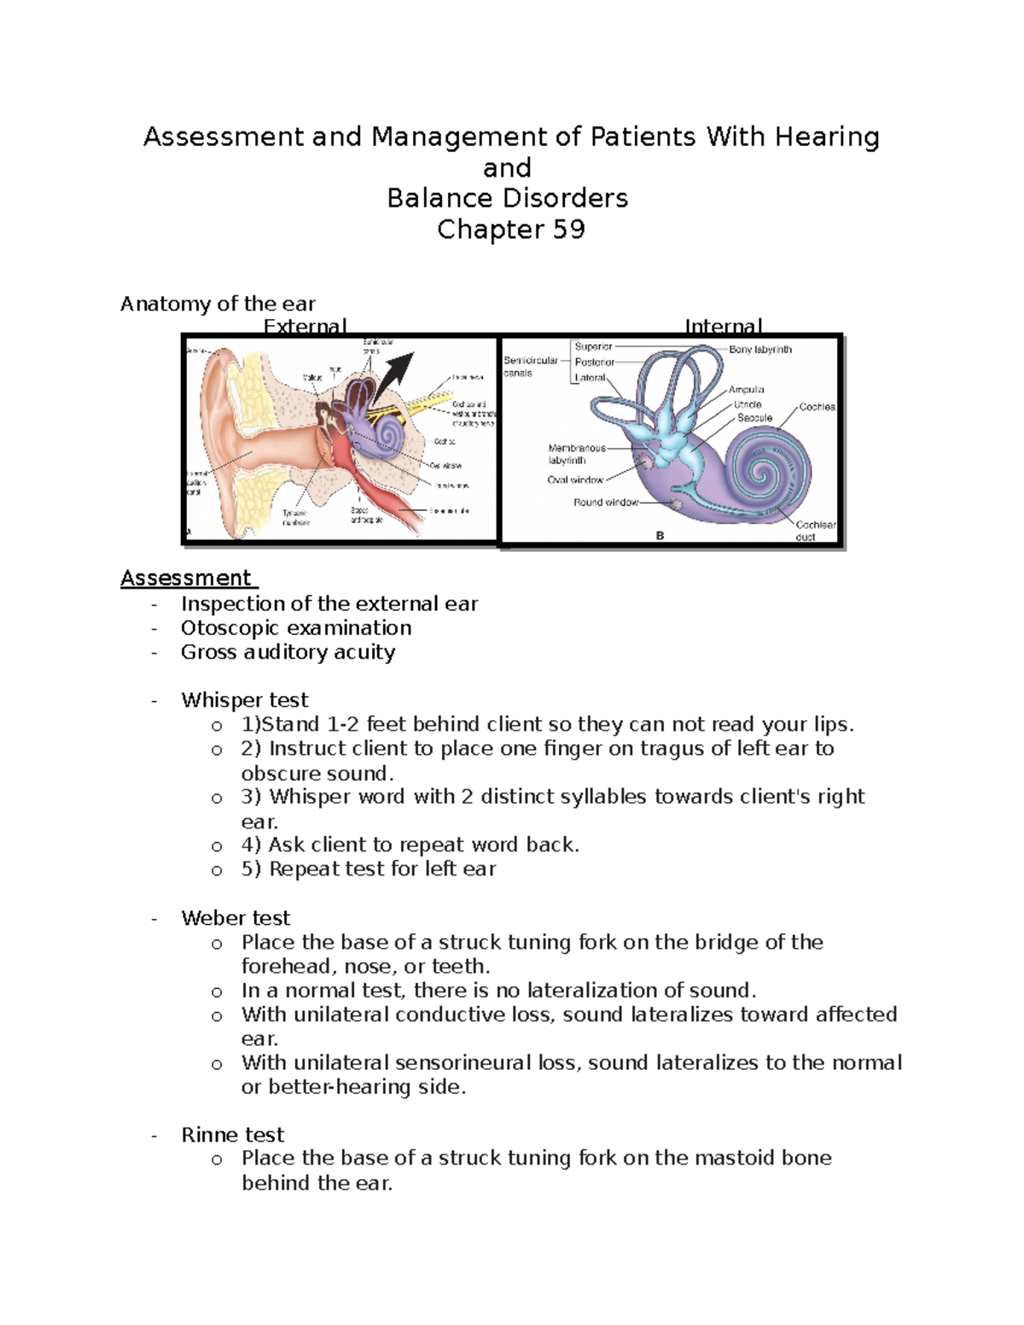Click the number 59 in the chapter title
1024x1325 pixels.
(567, 230)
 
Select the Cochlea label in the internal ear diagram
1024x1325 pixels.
(817, 407)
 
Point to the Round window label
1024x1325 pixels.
(605, 503)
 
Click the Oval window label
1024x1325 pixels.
(575, 479)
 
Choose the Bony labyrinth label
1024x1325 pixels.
(760, 350)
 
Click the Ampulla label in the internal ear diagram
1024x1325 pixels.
(746, 390)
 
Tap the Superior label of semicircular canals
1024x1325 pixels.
(593, 347)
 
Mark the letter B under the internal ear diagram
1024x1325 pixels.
(660, 536)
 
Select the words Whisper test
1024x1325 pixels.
(244, 700)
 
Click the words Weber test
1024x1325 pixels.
(236, 918)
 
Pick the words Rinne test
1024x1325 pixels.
(232, 1135)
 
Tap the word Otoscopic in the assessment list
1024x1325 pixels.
(224, 628)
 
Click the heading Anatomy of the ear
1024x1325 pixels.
(218, 304)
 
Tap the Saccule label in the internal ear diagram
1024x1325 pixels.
(754, 418)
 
